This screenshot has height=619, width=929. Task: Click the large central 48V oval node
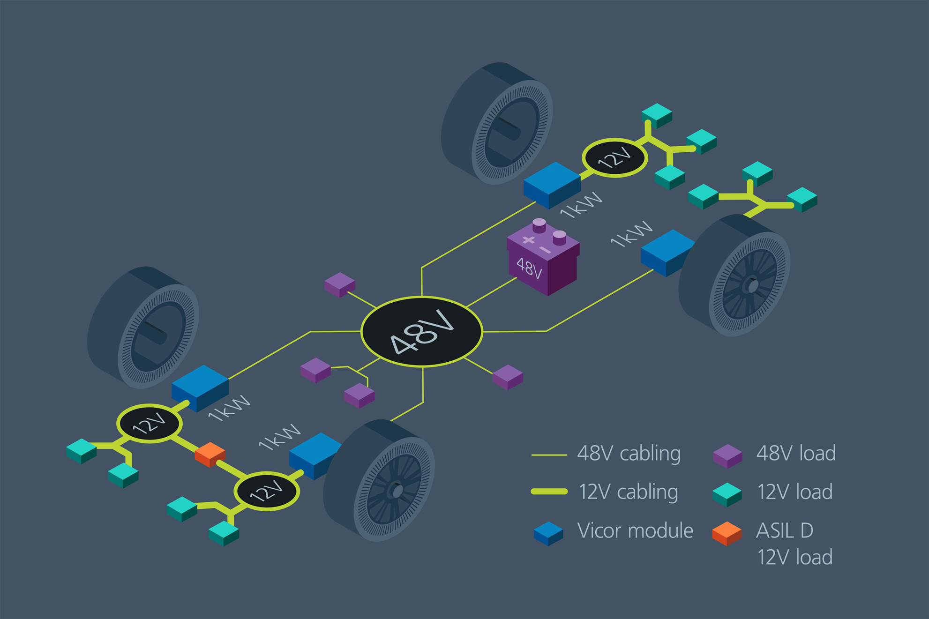coord(421,331)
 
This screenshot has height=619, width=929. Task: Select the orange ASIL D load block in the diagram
coord(210,454)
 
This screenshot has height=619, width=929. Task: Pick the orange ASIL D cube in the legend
coord(727,534)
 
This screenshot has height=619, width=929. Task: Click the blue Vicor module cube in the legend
coord(548,534)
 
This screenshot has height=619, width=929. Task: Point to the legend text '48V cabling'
coord(629,454)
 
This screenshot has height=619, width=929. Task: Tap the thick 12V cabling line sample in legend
coord(549,492)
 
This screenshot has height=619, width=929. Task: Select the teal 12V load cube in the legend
coord(727,494)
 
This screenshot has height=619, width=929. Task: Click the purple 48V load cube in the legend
coord(727,456)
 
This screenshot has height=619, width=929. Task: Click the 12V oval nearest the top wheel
coord(615,158)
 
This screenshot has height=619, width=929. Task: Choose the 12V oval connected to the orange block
coord(149,424)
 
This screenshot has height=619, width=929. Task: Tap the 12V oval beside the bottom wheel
coord(266,491)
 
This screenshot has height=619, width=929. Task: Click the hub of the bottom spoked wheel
coord(397,491)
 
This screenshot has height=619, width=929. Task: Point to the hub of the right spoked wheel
coord(752,286)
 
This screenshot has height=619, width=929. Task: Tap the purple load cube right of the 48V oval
coord(508,377)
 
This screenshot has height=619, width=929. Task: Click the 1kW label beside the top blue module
coord(581,205)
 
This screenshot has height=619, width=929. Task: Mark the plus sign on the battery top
coord(529,240)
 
